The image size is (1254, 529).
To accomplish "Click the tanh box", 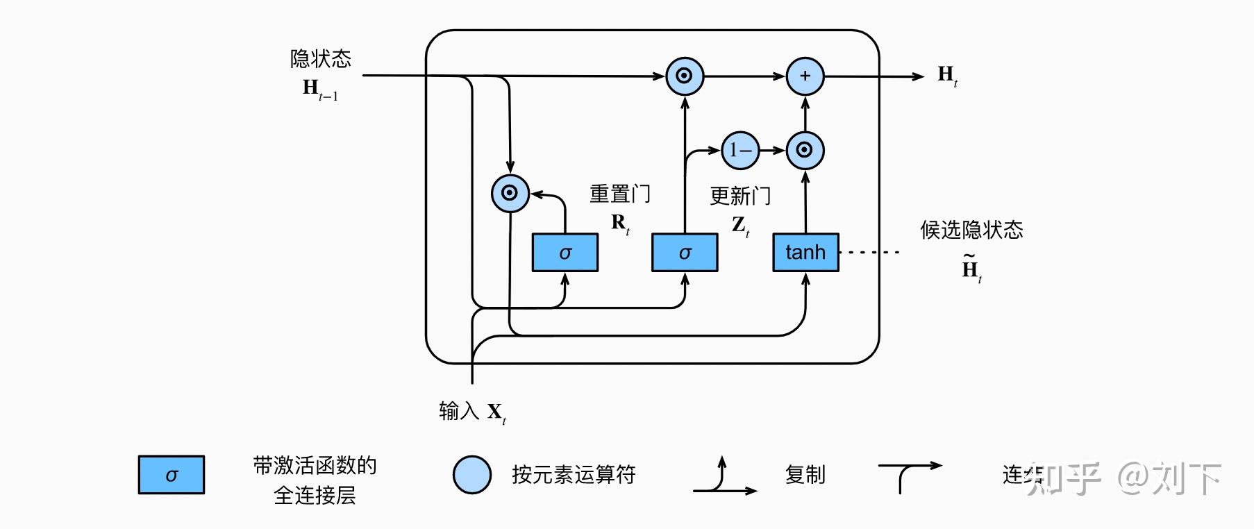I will coord(805,252).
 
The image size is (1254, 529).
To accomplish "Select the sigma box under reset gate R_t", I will coord(565,253).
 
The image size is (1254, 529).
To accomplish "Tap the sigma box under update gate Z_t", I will coord(685,253).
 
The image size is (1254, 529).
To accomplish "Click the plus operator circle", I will coord(805,76).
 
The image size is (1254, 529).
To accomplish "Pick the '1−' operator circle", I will coord(740,150).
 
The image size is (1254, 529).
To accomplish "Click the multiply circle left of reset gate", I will coord(510,193).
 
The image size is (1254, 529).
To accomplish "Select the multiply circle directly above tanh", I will coord(805,150).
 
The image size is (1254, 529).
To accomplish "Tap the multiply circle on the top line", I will coord(685,76).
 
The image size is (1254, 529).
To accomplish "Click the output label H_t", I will coord(947,75).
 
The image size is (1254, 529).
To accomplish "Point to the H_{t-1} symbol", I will coord(319,90).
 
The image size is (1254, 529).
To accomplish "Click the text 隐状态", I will coord(320,59).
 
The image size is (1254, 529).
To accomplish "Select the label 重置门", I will coord(620,194).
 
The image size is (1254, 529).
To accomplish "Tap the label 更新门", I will coord(740,196).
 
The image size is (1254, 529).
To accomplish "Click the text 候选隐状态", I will coord(971,230).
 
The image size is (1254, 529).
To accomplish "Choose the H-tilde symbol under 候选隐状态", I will coord(971,268).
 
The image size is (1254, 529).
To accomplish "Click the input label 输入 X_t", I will coord(472,412).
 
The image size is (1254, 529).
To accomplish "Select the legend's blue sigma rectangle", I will coord(171,475).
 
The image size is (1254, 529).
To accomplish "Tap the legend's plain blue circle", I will coord(472,475).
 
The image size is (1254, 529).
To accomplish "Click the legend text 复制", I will coord(805,475).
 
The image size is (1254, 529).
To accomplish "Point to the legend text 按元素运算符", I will coord(574,475).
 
